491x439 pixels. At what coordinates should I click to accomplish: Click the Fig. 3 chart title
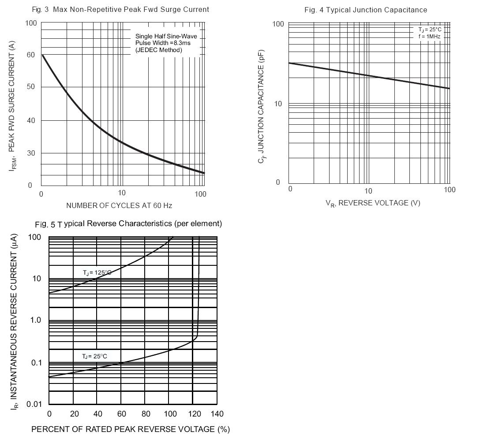tap(120, 9)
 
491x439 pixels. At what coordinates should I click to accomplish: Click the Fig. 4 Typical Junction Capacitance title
tap(366, 10)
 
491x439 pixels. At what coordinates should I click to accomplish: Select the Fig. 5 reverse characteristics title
tap(128, 224)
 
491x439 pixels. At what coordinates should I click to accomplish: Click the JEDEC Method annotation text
tap(158, 50)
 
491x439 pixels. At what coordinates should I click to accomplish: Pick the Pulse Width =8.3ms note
tap(163, 43)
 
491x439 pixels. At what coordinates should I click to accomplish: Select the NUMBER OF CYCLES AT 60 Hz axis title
tap(119, 205)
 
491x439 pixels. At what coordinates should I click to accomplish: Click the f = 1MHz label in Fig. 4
tap(429, 37)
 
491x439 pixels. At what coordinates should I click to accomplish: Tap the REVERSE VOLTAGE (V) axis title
tap(373, 203)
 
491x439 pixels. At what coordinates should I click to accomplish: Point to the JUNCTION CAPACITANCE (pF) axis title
tap(261, 107)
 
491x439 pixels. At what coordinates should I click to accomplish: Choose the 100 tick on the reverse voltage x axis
tap(450, 190)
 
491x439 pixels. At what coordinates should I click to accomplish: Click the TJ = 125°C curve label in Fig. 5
tap(97, 273)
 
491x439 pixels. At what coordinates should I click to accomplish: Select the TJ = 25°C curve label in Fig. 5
tap(94, 356)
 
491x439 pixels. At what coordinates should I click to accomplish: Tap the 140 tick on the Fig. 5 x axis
tap(217, 413)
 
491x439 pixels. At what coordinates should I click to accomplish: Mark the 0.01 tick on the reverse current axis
tap(34, 404)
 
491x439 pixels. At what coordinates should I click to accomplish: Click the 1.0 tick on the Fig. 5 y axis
tap(36, 320)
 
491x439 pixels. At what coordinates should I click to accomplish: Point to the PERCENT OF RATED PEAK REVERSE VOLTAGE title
tap(131, 429)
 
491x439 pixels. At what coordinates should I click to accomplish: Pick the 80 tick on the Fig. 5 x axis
tap(146, 413)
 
